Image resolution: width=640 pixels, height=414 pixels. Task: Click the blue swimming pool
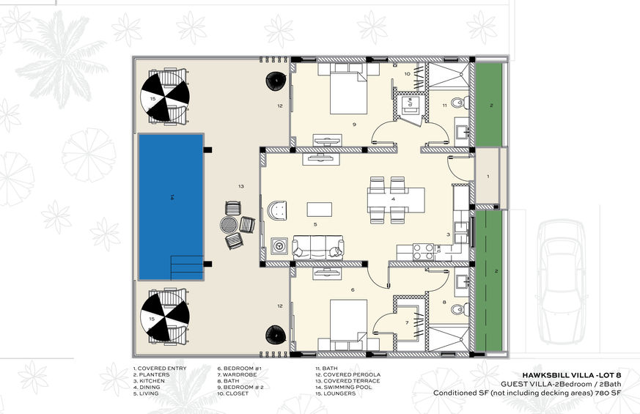[x=171, y=207]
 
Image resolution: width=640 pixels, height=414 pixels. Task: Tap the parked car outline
[x=561, y=281]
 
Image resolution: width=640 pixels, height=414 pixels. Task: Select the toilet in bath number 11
[x=459, y=102]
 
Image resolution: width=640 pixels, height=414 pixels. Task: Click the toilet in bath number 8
[x=459, y=308]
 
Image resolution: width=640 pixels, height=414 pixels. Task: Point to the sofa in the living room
[x=318, y=247]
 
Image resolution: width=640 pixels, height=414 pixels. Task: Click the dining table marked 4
[x=396, y=199]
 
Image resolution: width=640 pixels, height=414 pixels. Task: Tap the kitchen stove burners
[x=423, y=251]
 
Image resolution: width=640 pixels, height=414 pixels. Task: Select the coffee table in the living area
[x=319, y=210]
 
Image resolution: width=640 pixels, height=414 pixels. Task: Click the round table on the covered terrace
[x=228, y=224]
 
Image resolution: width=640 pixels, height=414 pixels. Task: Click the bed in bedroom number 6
[x=348, y=325]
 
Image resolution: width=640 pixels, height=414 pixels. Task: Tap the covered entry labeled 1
[x=488, y=177]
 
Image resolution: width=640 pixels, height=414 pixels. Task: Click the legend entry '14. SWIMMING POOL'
[x=347, y=387]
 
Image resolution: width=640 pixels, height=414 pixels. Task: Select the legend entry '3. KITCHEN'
[x=149, y=381]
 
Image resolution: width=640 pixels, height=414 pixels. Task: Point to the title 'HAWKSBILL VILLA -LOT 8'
[x=572, y=375]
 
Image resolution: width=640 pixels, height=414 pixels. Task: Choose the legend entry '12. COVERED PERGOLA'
[x=347, y=374]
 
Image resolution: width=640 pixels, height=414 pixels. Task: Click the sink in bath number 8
[x=463, y=281]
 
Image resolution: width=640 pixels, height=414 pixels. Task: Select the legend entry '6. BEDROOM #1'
[x=239, y=369]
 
